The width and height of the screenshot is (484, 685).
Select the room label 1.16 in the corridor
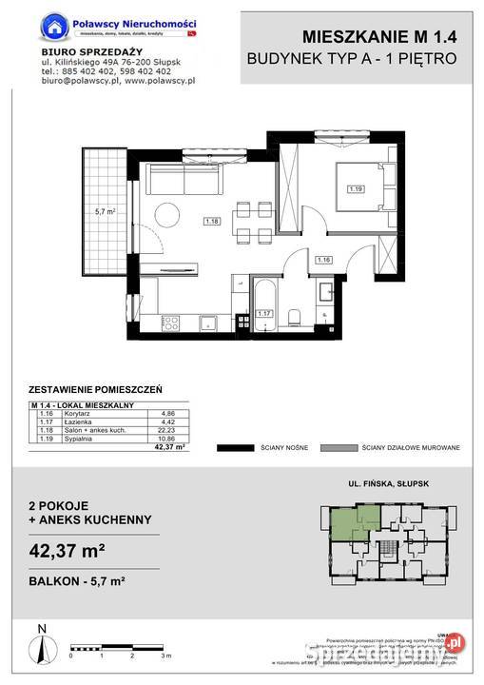[x=323, y=259]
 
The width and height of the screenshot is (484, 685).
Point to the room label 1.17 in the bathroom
[x=265, y=311]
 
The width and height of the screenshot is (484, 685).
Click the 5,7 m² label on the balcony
[x=105, y=212]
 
